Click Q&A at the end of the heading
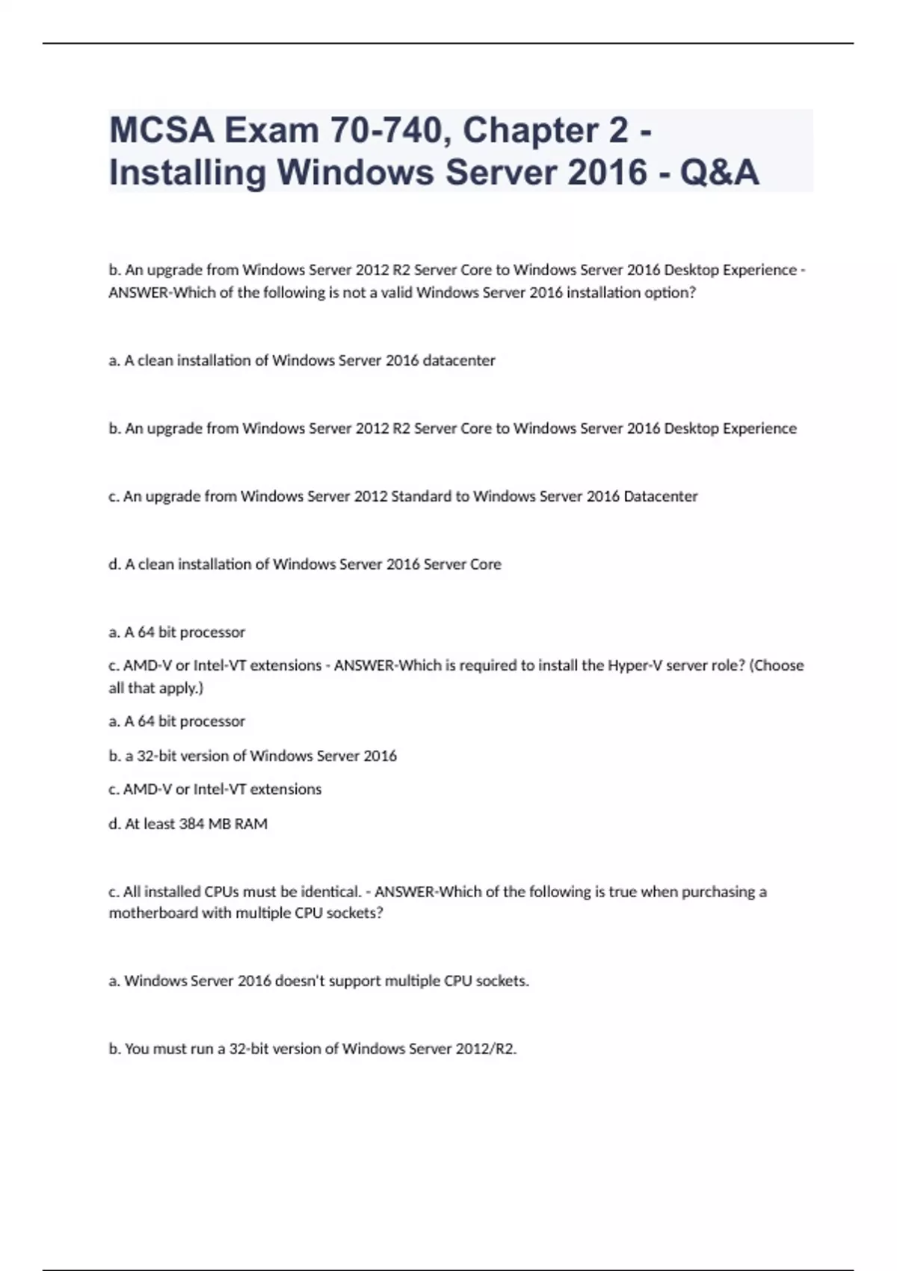719,173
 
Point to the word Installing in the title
188,173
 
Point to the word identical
332,892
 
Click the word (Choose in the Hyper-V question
777,665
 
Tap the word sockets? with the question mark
355,913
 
